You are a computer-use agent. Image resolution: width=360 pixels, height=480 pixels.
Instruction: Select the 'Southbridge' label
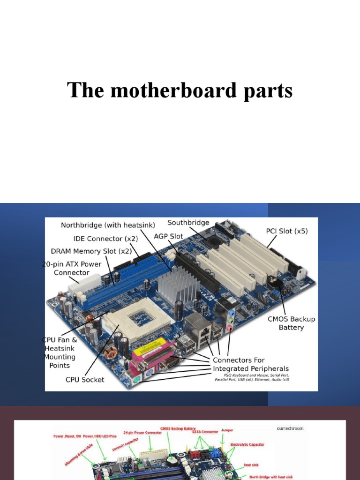[188, 223]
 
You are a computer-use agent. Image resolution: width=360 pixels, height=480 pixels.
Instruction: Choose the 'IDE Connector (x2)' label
[105, 239]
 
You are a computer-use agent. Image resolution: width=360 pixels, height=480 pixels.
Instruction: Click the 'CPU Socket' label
[85, 379]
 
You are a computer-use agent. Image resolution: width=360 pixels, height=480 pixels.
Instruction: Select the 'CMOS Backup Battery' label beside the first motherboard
[291, 323]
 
